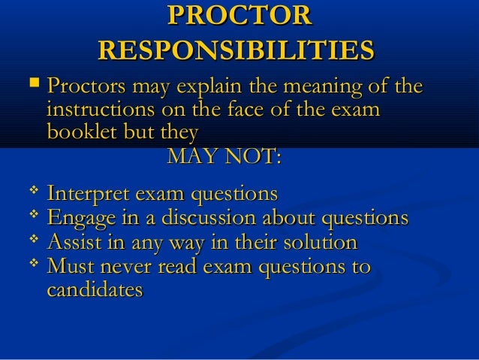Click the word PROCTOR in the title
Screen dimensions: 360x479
(x=239, y=17)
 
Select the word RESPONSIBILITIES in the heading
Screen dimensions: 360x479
(x=236, y=51)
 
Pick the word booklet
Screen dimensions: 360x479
(x=79, y=133)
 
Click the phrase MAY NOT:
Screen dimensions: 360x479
(x=224, y=158)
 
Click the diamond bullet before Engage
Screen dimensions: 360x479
(x=32, y=216)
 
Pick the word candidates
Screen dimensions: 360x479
(x=95, y=290)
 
